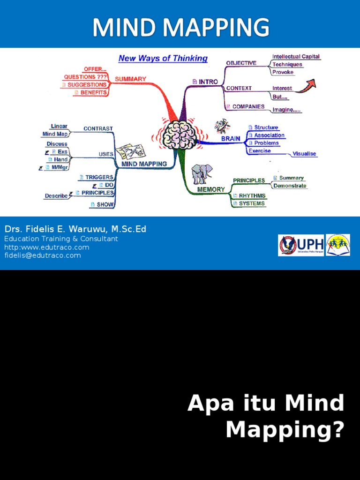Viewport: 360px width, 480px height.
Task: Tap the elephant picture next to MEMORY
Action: click(x=202, y=173)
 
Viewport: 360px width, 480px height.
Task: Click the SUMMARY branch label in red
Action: click(x=130, y=79)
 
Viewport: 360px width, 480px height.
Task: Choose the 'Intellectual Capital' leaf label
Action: click(x=296, y=57)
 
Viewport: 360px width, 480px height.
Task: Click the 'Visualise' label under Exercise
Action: click(x=304, y=154)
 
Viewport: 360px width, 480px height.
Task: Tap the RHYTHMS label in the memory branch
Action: click(x=252, y=195)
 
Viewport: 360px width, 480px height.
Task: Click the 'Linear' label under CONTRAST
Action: click(x=59, y=126)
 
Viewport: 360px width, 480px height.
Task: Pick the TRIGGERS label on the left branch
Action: click(x=99, y=177)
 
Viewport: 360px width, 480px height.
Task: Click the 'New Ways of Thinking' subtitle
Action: click(x=163, y=59)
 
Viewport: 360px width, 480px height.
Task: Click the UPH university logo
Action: click(x=301, y=245)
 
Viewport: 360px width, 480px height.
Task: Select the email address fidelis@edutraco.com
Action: click(x=43, y=255)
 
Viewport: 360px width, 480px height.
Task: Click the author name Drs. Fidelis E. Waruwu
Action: click(x=75, y=229)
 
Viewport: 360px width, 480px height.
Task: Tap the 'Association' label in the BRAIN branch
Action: click(x=269, y=135)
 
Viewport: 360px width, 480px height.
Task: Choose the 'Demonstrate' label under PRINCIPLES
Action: click(x=289, y=186)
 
